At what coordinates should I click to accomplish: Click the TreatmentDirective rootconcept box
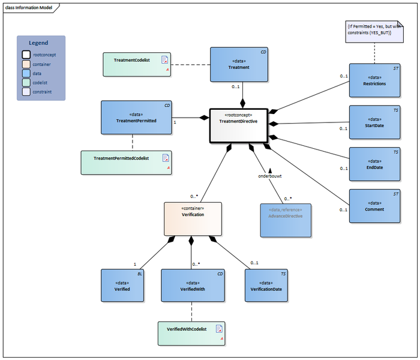[237, 126]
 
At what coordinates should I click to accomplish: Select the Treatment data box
[238, 65]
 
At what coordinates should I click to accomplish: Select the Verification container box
[193, 218]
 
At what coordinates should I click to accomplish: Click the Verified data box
[122, 285]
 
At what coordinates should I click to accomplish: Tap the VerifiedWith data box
[193, 285]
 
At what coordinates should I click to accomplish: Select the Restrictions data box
[374, 80]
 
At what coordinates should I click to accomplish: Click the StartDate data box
[374, 122]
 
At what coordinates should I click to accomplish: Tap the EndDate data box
[374, 164]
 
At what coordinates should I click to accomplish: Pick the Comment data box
[374, 206]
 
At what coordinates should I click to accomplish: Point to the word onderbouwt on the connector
[269, 176]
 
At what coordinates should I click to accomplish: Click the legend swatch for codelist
[26, 83]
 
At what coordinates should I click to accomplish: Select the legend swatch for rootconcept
[26, 55]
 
